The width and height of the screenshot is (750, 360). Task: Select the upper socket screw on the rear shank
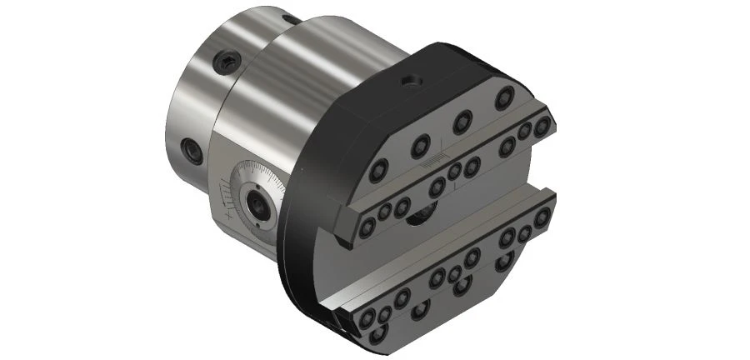[x=228, y=60]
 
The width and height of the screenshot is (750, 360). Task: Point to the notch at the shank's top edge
[x=289, y=17]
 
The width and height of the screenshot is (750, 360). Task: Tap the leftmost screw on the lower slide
[x=367, y=317]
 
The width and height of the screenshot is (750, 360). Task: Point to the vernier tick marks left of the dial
[x=227, y=197]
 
